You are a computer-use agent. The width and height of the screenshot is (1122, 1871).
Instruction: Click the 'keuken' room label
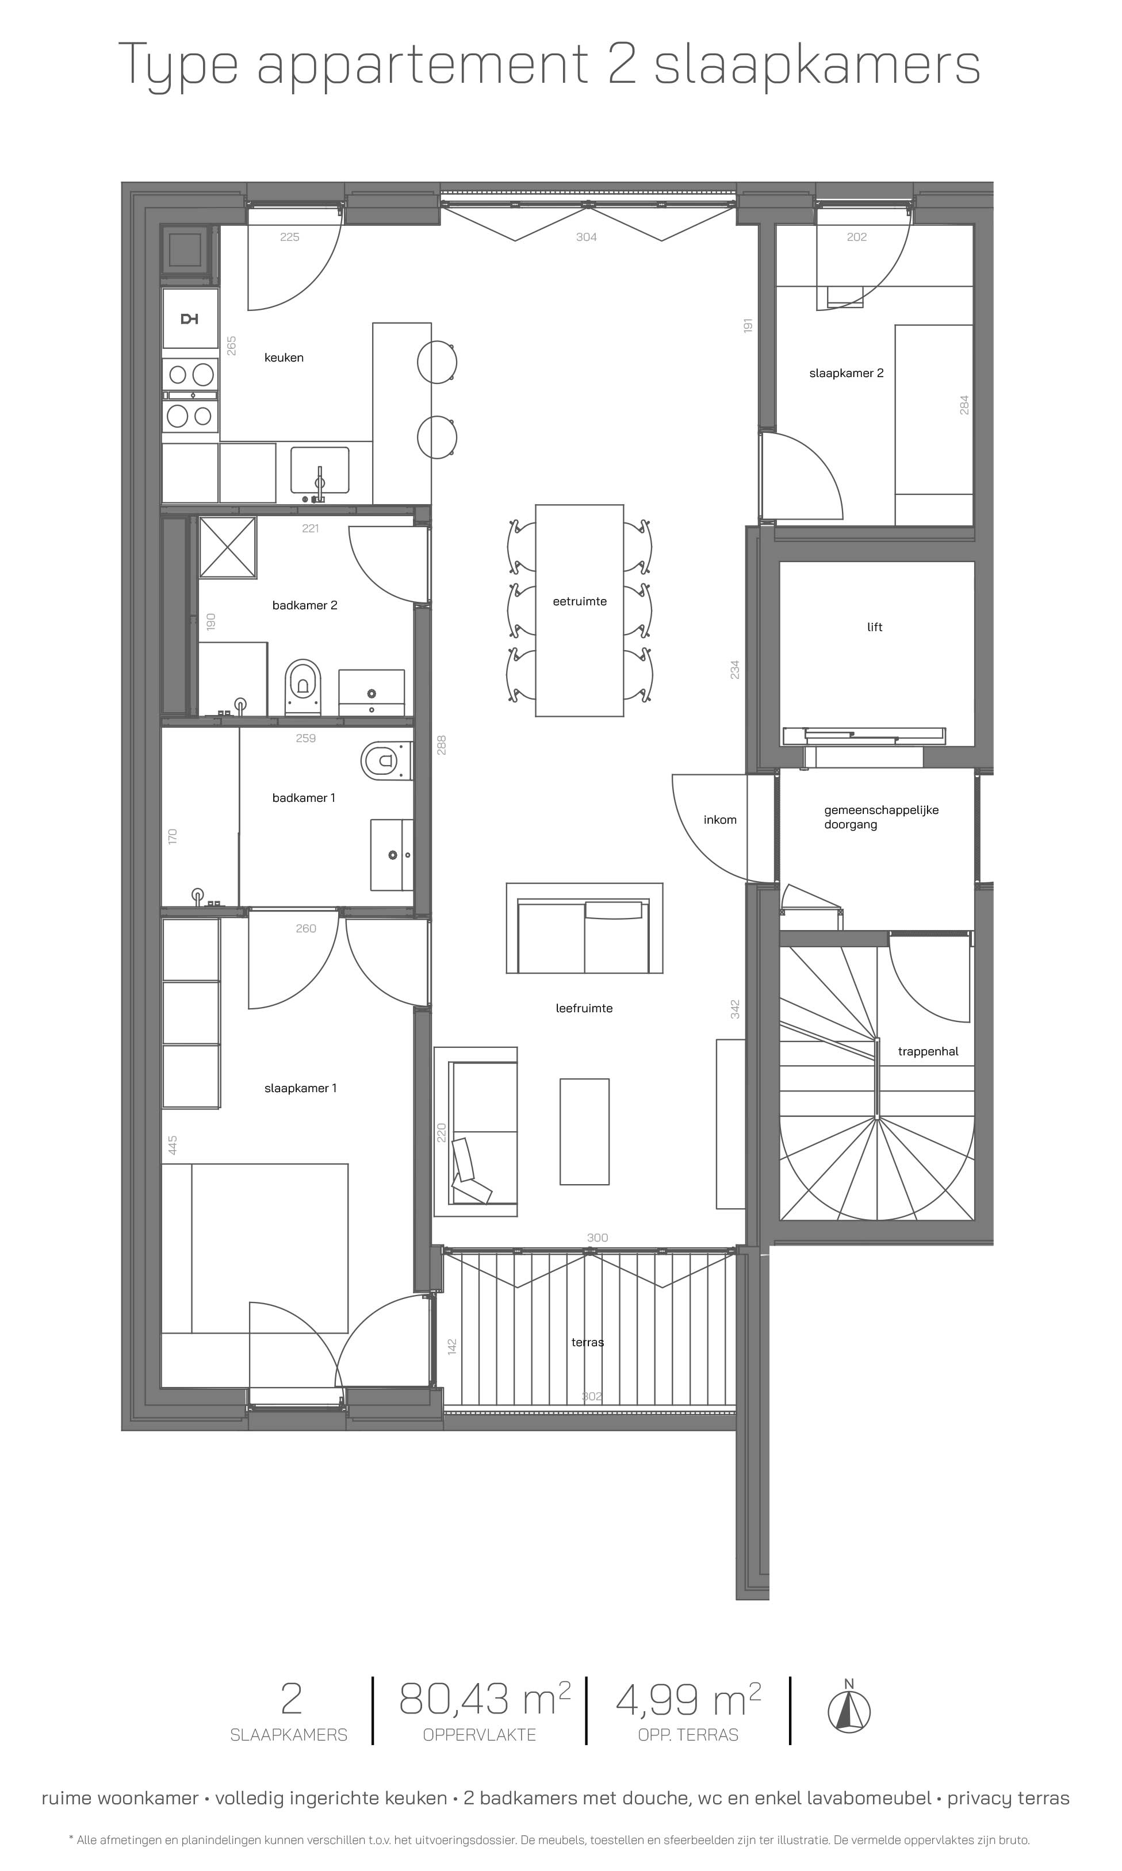(x=284, y=358)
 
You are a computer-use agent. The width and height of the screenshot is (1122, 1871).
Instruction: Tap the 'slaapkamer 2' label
(x=846, y=373)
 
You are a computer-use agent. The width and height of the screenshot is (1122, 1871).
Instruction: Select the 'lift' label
(x=875, y=627)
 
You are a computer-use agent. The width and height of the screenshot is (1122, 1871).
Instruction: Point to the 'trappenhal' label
(x=928, y=1052)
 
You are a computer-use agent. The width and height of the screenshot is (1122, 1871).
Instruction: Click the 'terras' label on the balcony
(x=588, y=1342)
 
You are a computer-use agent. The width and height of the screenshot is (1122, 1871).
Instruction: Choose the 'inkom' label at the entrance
(x=720, y=820)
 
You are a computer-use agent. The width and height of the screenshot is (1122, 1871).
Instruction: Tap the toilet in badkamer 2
(x=303, y=686)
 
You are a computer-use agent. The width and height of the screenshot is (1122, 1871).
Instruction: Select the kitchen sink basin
(x=320, y=470)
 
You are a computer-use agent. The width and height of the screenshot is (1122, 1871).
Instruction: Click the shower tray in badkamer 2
(x=228, y=547)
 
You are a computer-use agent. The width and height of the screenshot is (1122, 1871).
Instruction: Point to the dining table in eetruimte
(x=579, y=610)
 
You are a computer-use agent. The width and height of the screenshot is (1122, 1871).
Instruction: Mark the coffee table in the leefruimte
(x=584, y=1131)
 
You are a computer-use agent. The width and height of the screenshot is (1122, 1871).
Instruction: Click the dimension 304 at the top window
(x=586, y=237)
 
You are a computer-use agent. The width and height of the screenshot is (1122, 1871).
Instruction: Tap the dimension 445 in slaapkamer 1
(x=173, y=1145)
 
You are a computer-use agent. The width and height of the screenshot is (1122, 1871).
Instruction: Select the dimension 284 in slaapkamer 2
(x=964, y=405)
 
